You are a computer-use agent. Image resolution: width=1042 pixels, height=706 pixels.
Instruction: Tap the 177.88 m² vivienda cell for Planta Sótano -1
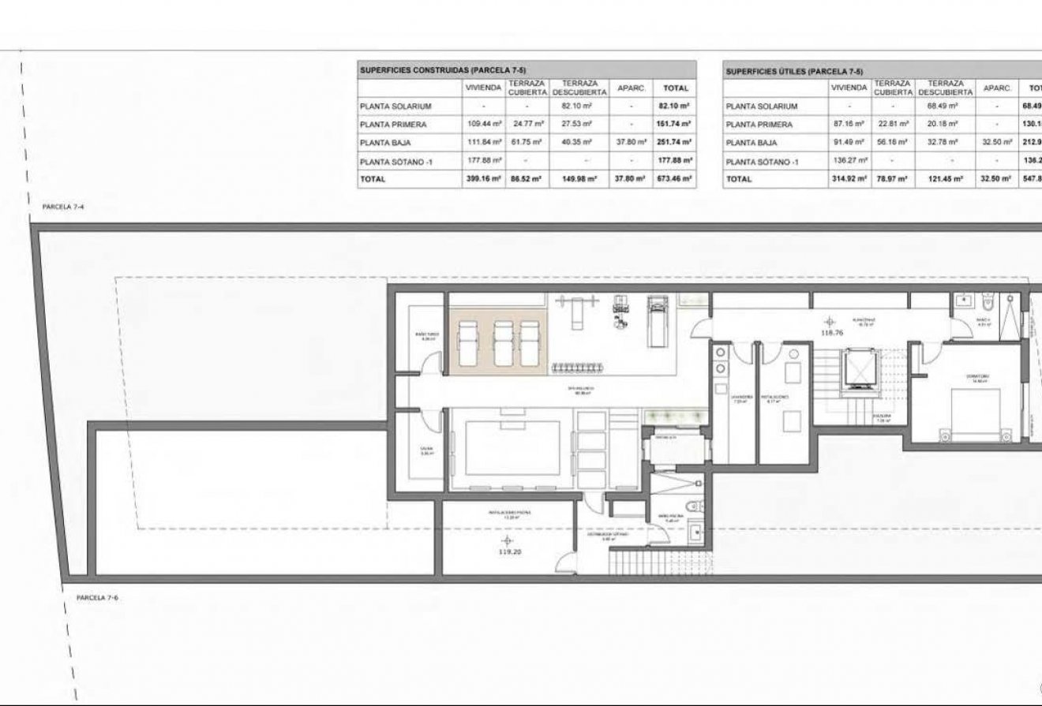click(483, 161)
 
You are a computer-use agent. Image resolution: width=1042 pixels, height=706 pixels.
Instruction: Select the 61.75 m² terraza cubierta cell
click(525, 143)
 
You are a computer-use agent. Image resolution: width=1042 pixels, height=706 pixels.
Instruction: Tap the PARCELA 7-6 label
click(97, 598)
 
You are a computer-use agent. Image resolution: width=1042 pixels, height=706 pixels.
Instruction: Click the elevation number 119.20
click(510, 552)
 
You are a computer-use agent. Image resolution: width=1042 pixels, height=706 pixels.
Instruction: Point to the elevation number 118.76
click(827, 333)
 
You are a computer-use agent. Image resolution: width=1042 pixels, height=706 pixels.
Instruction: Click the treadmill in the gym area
click(657, 319)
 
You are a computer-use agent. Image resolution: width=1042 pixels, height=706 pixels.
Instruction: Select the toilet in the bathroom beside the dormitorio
click(987, 301)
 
